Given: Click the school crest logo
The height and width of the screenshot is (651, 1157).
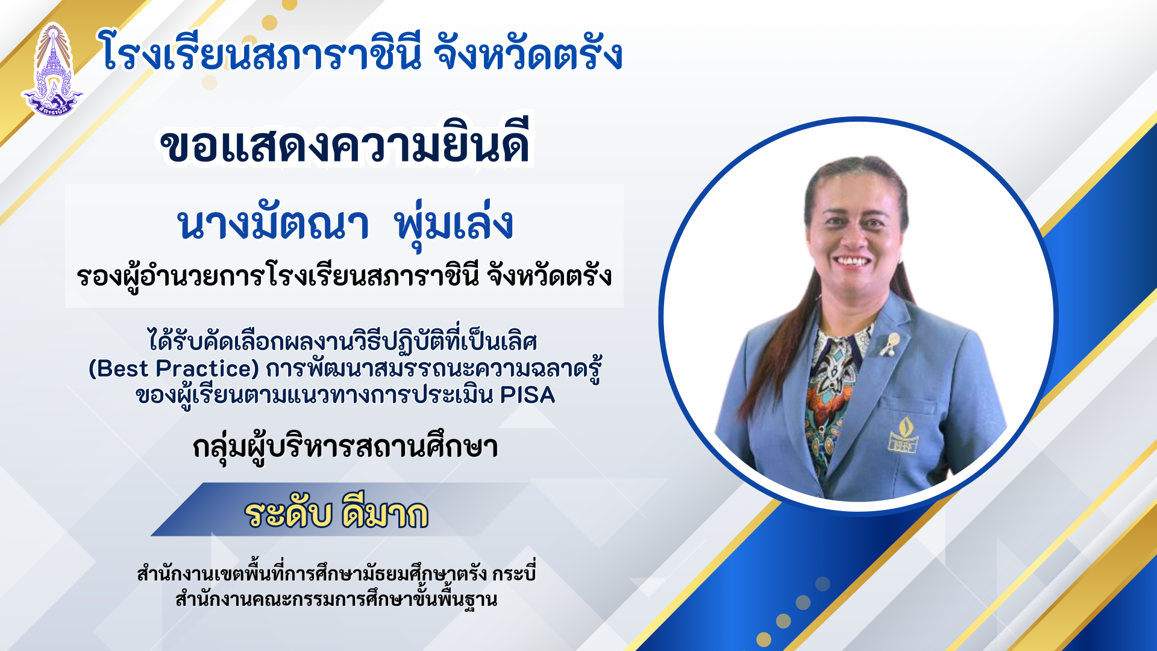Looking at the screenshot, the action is coord(52,69).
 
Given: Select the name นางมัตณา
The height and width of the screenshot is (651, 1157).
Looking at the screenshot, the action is coord(272,222).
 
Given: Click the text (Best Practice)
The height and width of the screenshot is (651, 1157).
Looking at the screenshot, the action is coord(174,368).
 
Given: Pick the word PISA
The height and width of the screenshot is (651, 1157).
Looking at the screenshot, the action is coord(528,395).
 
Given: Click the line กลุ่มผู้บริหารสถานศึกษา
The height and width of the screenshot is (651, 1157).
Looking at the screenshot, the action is coord(345,447).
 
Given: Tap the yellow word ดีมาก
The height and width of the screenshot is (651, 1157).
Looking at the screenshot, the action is coord(384,514).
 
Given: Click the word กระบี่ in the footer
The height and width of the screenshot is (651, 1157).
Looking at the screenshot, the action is coord(513,573).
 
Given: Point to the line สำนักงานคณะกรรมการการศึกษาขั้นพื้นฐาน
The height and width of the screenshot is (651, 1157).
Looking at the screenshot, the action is coord(336,599).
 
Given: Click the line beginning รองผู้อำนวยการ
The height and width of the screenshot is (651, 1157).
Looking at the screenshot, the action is coord(344,277).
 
